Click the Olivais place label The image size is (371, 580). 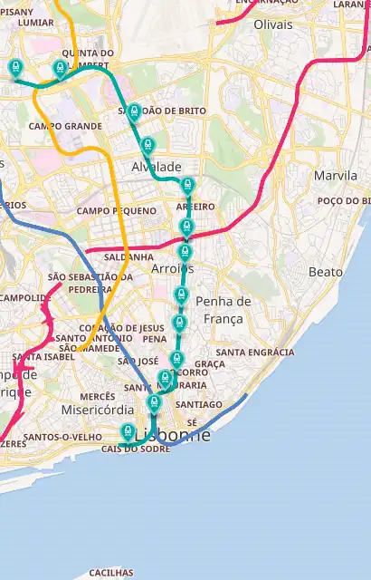274,24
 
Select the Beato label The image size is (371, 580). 325,272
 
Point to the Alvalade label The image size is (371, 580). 157,168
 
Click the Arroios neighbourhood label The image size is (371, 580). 172,269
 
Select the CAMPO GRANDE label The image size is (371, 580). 65,126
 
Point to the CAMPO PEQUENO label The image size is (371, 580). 117,210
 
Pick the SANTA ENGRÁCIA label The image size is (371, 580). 254,352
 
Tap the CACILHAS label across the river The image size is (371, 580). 110,573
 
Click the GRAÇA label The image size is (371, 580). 209,363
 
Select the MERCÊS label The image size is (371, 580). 97,396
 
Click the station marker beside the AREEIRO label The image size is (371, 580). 188,187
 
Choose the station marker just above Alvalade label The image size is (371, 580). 147,145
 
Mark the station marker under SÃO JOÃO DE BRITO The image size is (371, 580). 134,112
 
